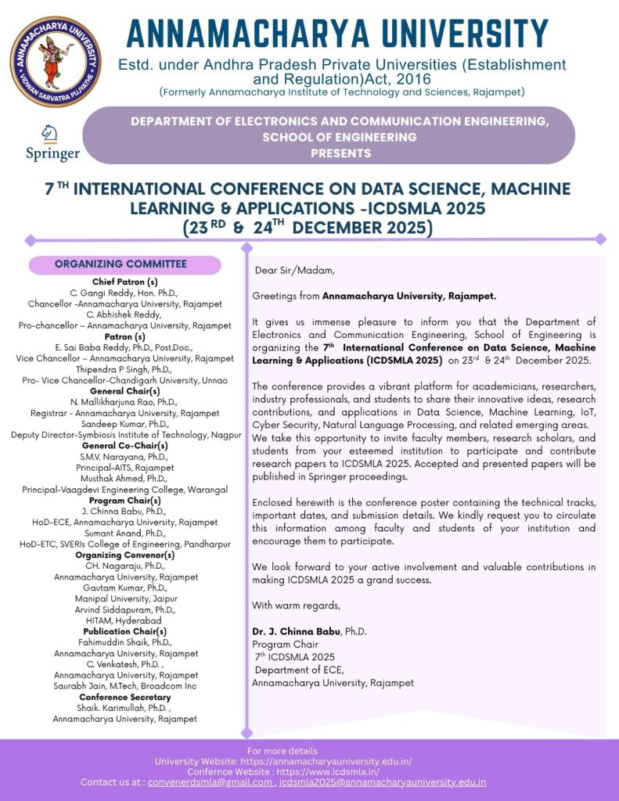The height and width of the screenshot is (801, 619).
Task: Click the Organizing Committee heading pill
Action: pyautogui.click(x=121, y=264)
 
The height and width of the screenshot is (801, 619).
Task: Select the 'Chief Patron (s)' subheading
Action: pyautogui.click(x=125, y=282)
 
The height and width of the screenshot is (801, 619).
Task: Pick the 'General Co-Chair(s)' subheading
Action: pyautogui.click(x=125, y=445)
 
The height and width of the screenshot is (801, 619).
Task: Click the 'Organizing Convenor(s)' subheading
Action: pyautogui.click(x=125, y=555)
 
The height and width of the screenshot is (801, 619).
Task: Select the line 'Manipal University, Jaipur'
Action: pyautogui.click(x=125, y=598)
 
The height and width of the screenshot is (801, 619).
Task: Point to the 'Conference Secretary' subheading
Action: pyautogui.click(x=125, y=697)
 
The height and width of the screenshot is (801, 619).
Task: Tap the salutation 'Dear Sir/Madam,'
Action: pyautogui.click(x=294, y=271)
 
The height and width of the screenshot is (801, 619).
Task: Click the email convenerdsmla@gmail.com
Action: pyautogui.click(x=210, y=782)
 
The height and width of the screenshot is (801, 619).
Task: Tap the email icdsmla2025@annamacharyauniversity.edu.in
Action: pyautogui.click(x=383, y=782)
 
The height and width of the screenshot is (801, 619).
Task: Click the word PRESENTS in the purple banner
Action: pyautogui.click(x=340, y=153)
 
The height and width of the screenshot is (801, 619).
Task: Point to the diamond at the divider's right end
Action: pyautogui.click(x=601, y=239)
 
